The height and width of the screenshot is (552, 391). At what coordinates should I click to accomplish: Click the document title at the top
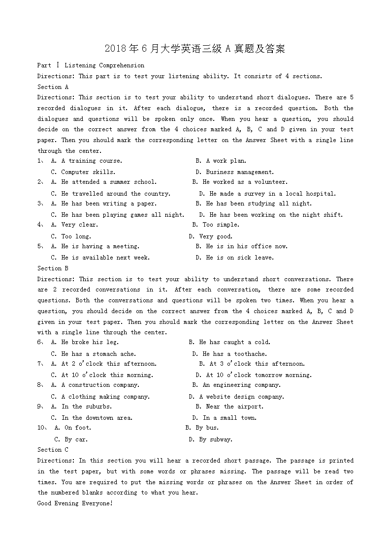click(x=195, y=49)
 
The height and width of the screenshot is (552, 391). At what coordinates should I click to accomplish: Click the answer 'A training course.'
click(x=92, y=161)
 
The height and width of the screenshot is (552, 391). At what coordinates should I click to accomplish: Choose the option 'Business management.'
click(x=239, y=172)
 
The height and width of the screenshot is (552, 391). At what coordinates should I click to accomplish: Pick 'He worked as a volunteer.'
click(x=245, y=182)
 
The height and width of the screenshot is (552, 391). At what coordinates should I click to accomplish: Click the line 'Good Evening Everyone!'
click(x=75, y=503)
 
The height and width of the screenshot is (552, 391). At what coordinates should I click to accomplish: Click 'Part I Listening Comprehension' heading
click(x=91, y=65)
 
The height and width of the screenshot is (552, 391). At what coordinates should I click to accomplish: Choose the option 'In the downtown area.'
click(x=97, y=418)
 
